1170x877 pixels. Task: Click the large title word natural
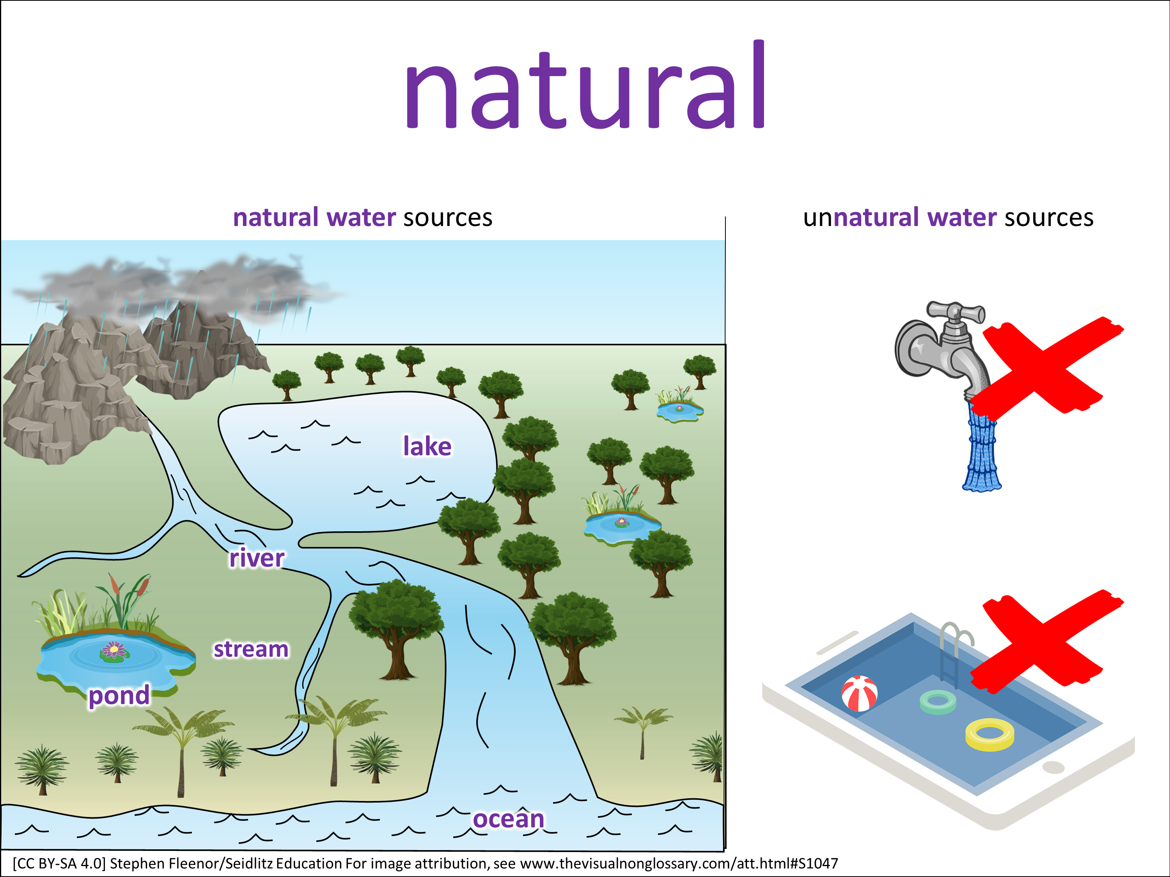tap(585, 85)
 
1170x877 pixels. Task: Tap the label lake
tap(427, 446)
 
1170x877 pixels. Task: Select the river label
tap(257, 558)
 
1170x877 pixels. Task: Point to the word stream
tap(251, 649)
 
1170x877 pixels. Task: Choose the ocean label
tap(508, 819)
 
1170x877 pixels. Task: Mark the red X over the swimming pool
tap(1047, 641)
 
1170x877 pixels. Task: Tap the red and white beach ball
tap(860, 693)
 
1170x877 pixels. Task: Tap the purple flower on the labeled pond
tap(113, 649)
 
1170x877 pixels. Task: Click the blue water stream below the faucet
tap(982, 447)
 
